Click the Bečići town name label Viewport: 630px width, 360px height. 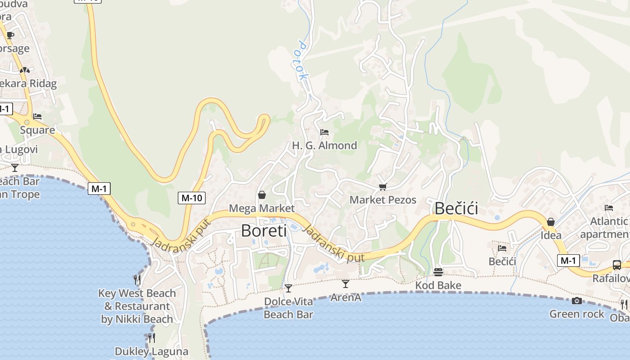tap(456, 208)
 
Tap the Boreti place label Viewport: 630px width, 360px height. tap(264, 230)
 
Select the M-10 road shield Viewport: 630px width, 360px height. tap(191, 198)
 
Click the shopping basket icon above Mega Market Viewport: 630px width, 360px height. tap(261, 195)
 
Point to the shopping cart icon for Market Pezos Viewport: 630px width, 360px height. tap(382, 187)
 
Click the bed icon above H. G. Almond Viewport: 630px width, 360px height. tap(324, 132)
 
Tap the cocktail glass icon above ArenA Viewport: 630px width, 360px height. tap(345, 283)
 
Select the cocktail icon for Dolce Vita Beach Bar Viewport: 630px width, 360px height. tap(288, 288)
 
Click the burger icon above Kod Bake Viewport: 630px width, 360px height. tap(438, 272)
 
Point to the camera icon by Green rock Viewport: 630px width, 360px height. tap(576, 301)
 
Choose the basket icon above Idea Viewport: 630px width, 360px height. tap(550, 222)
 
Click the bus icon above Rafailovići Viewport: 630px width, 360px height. tap(616, 265)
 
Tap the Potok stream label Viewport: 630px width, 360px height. tap(302, 61)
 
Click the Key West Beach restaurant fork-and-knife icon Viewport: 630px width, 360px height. tap(137, 280)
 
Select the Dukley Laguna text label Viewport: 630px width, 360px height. tap(151, 351)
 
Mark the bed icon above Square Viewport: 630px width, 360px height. tap(37, 117)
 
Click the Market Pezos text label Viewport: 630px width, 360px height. tap(383, 200)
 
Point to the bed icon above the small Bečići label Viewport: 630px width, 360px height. tap(502, 248)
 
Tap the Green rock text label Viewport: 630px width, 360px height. tap(576, 314)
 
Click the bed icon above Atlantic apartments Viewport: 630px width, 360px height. tap(608, 208)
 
